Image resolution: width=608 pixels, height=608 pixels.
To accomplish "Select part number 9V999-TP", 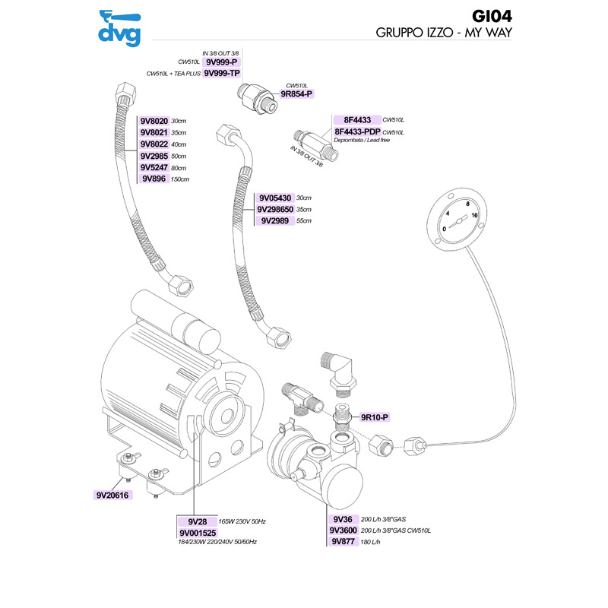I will (x=222, y=74).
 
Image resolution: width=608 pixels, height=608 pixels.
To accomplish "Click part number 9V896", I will (x=155, y=179).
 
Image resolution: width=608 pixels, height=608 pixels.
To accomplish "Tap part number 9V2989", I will (x=275, y=220).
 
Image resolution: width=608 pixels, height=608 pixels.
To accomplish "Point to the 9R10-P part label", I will (x=374, y=417).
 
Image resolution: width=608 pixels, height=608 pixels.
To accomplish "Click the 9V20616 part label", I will (x=113, y=495).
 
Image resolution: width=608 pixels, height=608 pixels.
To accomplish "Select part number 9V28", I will (x=197, y=521).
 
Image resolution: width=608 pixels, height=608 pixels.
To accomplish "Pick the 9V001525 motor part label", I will (x=197, y=533).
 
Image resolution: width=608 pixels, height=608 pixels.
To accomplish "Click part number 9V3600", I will (x=343, y=530).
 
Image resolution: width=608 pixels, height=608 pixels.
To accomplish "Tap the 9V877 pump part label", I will (x=344, y=542).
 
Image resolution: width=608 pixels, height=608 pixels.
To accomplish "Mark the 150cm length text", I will (x=179, y=179).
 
